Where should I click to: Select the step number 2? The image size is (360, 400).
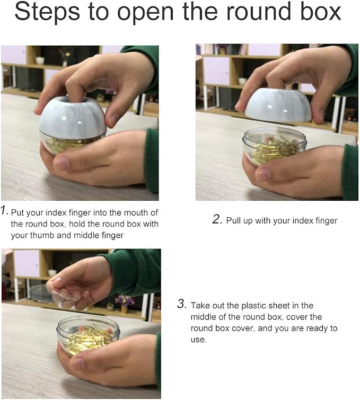coord(217,219)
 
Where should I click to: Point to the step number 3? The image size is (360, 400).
coord(182,304)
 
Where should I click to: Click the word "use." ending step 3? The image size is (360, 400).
coord(198,340)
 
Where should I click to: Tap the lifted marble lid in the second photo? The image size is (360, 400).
coord(278,105)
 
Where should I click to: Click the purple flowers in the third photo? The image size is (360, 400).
coord(125,300)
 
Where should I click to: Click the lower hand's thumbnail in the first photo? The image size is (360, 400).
coord(61,163)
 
